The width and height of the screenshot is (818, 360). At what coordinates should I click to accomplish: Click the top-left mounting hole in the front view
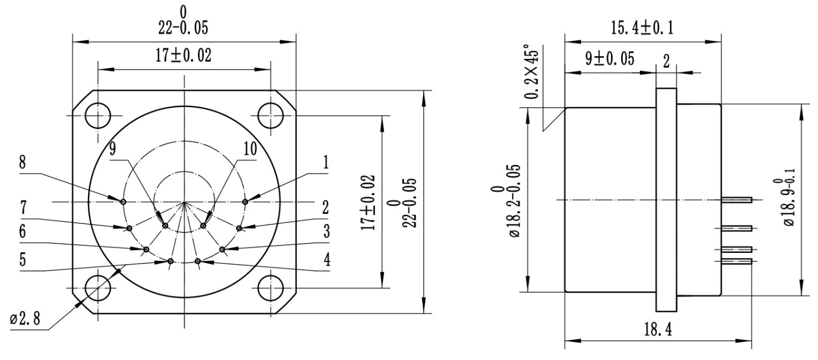point(98,116)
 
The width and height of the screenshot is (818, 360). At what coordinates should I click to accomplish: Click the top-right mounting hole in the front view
point(271,116)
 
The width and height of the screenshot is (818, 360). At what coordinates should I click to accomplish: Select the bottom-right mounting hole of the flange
point(271,288)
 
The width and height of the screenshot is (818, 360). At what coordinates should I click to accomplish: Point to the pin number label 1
point(326,163)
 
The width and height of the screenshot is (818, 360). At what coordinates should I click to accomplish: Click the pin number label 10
point(249,149)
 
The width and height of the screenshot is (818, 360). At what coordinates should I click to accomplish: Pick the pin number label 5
point(23,260)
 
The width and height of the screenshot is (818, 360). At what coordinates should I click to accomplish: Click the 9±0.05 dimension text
point(602,60)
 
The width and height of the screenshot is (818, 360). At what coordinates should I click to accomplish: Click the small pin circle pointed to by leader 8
point(123,201)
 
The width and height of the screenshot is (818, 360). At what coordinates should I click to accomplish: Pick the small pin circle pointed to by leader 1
point(245,201)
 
